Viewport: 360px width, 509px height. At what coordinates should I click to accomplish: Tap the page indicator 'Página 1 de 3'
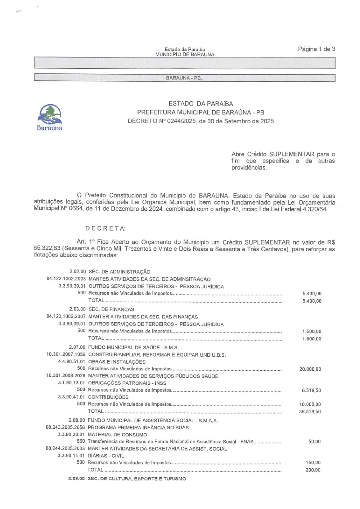pos(316,49)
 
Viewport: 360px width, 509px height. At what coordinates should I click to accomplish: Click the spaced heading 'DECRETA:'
pos(105,228)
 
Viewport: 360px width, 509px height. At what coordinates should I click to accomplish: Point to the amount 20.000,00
pos(310,369)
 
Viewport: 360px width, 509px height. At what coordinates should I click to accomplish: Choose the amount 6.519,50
pos(311,390)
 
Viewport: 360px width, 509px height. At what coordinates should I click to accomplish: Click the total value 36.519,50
pos(310,411)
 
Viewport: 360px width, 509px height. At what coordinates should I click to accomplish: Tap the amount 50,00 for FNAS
pos(314,441)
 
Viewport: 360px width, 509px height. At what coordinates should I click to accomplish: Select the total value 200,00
pos(313,470)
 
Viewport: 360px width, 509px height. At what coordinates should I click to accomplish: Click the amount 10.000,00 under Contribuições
pos(310,404)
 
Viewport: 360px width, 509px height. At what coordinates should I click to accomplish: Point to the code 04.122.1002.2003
pos(66,279)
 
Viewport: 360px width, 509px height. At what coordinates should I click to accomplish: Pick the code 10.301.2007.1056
pos(66,354)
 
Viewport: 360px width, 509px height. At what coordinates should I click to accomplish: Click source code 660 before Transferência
pos(81,441)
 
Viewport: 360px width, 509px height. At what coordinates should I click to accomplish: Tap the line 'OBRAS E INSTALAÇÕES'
pos(117,362)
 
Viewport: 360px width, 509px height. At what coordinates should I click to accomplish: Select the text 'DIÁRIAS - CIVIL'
pos(105,456)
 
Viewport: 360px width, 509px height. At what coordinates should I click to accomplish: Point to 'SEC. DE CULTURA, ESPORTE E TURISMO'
pos(137,479)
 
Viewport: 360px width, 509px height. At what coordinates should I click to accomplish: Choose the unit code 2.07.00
pos(77,347)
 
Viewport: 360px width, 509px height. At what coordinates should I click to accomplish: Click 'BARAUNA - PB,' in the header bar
pos(184,78)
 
